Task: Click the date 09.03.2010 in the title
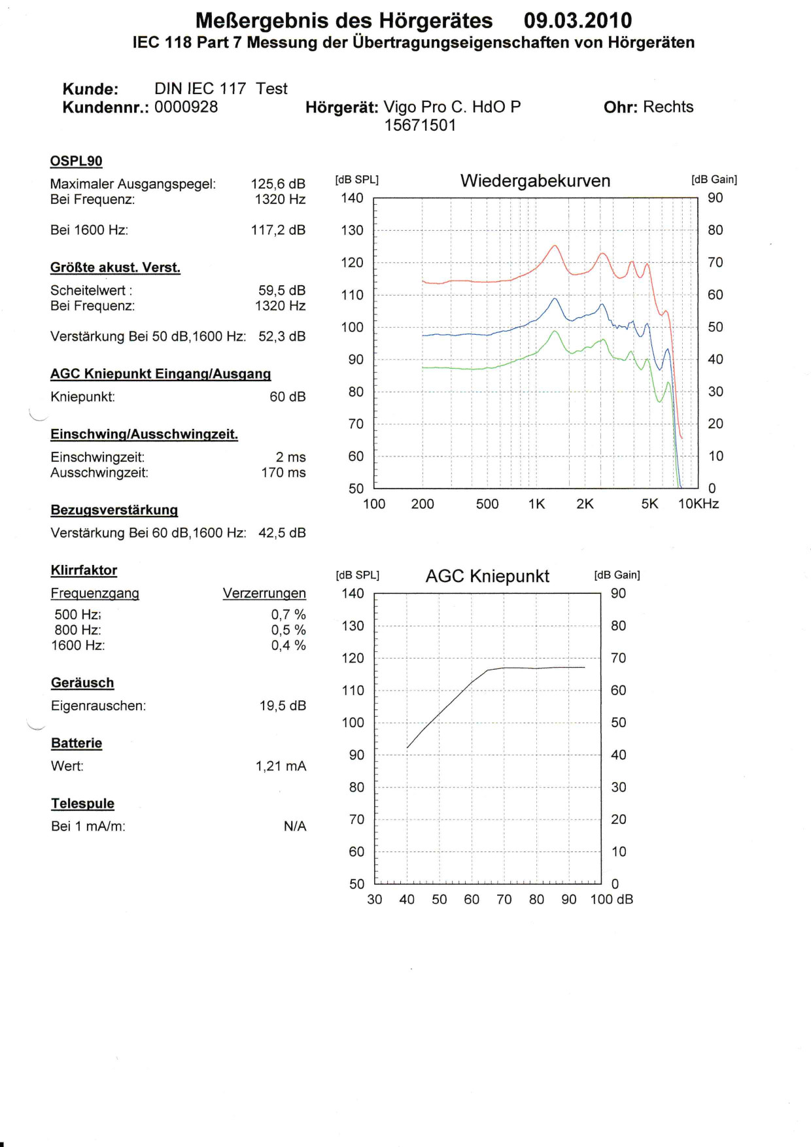point(578,21)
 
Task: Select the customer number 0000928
point(186,107)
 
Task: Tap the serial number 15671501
point(420,125)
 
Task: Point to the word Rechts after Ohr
point(668,107)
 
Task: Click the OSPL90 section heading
point(76,161)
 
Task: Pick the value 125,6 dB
point(278,184)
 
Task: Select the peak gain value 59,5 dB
point(282,290)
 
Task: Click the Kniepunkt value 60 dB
point(287,397)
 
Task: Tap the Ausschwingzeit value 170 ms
point(283,473)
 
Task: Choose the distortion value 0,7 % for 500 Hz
point(288,615)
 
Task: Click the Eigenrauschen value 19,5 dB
point(283,706)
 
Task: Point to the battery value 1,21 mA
point(281,766)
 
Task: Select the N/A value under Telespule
point(294,827)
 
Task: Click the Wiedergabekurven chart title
point(535,181)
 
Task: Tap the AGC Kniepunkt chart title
point(487,576)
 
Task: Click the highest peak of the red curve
point(555,246)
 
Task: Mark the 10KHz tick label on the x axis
point(698,504)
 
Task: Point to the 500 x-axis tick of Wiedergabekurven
point(487,504)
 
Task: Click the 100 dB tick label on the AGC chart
point(611,900)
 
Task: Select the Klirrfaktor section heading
point(84,570)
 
